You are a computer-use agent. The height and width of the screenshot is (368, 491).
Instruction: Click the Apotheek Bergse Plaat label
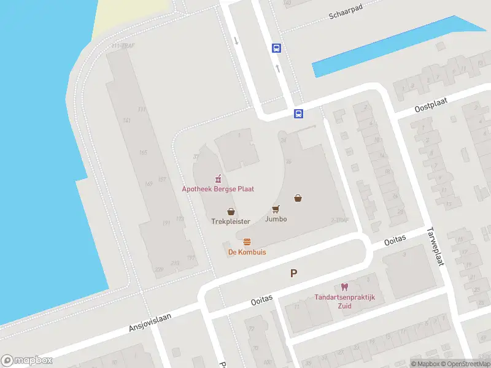[x=218, y=189]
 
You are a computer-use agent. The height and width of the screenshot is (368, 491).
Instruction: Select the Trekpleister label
[x=231, y=221]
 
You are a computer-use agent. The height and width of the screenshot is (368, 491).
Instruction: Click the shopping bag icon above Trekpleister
[x=231, y=211]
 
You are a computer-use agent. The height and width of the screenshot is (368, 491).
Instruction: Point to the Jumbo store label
[x=276, y=218]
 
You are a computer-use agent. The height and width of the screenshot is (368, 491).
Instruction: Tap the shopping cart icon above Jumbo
[x=276, y=209]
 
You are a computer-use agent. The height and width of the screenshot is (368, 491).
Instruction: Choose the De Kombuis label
[x=247, y=251]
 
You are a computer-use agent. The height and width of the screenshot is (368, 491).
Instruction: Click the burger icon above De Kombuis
[x=247, y=242]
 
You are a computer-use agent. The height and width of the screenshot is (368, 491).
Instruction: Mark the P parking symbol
[x=294, y=274]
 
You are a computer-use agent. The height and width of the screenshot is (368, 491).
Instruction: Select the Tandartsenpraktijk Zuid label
[x=344, y=301]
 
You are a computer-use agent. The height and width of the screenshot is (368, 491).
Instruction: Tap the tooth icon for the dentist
[x=344, y=287]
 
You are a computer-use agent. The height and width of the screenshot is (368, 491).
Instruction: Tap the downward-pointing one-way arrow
[x=236, y=40]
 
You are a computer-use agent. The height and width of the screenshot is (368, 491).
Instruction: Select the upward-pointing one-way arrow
[x=277, y=68]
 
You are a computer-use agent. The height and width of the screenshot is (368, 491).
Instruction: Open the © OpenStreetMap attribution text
[x=467, y=364]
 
